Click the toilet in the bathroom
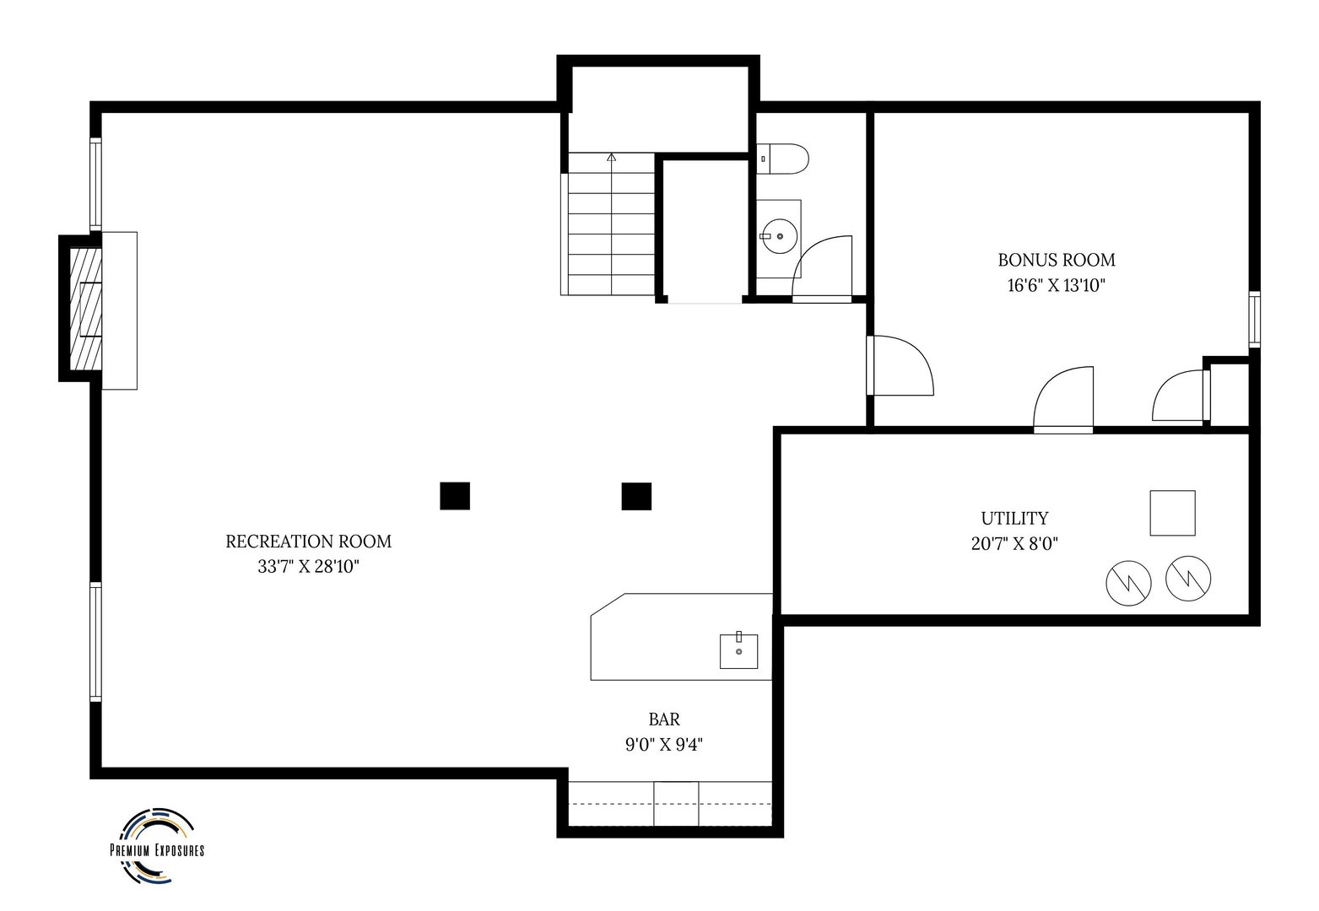tap(782, 159)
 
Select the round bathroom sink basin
tap(779, 236)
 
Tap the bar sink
tap(738, 650)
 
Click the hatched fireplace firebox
tap(85, 309)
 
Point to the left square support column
tap(455, 495)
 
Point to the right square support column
tap(636, 496)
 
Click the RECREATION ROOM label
tap(309, 542)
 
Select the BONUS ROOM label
tap(1057, 260)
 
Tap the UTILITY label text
tap(1014, 519)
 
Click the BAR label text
tap(664, 720)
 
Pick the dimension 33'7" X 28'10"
tap(309, 567)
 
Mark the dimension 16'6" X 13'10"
tap(1057, 285)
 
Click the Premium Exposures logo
tap(157, 846)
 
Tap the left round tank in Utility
tap(1128, 583)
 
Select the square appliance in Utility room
tap(1172, 513)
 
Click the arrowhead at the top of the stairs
tap(611, 157)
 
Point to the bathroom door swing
tap(822, 269)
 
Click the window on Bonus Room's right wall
tap(1255, 319)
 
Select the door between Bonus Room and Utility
tap(1063, 400)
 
